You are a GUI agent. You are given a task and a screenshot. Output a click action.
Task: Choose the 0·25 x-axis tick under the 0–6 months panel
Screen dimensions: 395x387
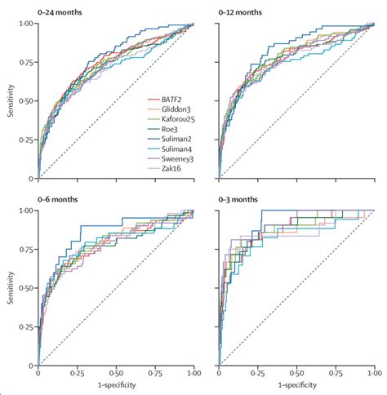point(78,372)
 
